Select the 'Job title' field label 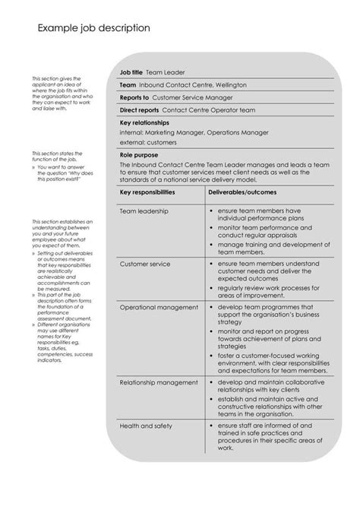click(x=132, y=72)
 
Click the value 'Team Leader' click(x=165, y=72)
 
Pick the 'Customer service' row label click(x=145, y=264)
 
